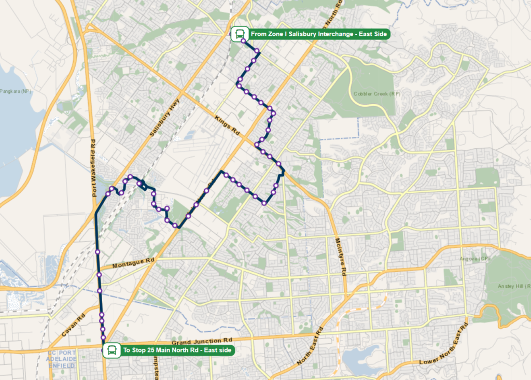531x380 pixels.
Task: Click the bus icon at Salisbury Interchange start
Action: pos(239,34)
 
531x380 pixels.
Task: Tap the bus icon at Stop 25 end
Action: pos(111,351)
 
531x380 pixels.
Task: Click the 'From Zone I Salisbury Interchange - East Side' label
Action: pos(318,34)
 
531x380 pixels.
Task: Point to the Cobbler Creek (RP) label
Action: pos(377,94)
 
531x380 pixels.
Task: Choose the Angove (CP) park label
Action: pos(477,258)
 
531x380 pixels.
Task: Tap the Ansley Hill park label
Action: pos(513,286)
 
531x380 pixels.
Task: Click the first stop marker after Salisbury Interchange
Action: pos(243,41)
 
